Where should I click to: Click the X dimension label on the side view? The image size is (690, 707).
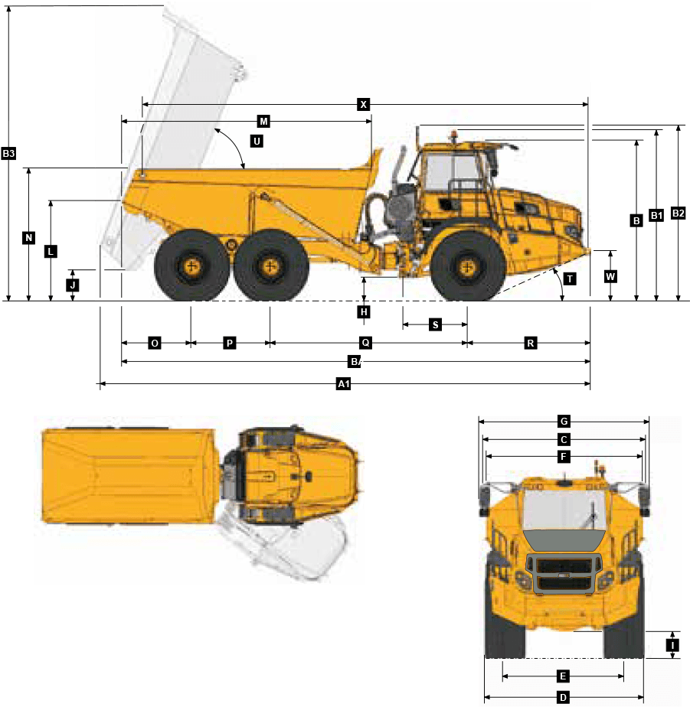click(364, 104)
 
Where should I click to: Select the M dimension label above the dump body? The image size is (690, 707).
click(263, 122)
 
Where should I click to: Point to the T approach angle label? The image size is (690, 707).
click(570, 279)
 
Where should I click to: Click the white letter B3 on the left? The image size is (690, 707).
click(9, 153)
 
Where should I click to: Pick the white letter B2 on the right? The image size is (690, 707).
click(678, 213)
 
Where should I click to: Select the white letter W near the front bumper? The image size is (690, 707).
click(610, 277)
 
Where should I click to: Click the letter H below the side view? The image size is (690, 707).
click(365, 312)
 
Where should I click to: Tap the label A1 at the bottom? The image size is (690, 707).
click(344, 384)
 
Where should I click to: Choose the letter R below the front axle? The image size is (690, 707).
click(530, 344)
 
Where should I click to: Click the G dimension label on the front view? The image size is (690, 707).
click(564, 421)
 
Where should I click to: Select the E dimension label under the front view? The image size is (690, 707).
click(563, 676)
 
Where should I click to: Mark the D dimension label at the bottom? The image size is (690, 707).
click(563, 697)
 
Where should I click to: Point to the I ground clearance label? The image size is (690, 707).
click(672, 645)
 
